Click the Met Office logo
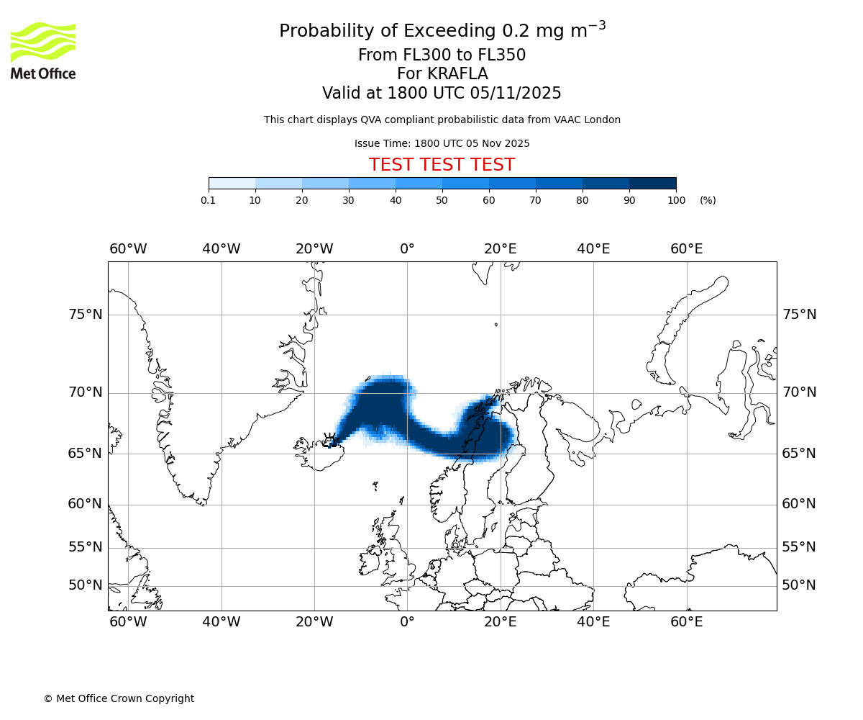(43, 50)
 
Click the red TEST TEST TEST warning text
(442, 166)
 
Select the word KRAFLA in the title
(457, 74)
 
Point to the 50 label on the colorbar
(442, 200)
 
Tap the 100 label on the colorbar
(676, 200)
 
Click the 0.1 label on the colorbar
(209, 200)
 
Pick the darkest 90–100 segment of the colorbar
(652, 183)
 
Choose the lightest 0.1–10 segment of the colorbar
(232, 183)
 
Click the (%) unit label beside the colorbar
(708, 200)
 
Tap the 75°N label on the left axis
(85, 315)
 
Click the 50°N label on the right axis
(799, 585)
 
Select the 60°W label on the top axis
(128, 249)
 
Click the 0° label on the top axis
(407, 249)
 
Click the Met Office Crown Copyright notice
(119, 698)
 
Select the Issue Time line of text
(442, 143)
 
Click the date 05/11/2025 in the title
(516, 94)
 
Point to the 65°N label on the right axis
(799, 454)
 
